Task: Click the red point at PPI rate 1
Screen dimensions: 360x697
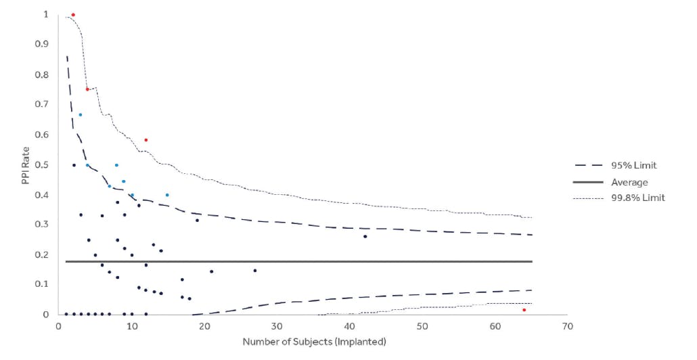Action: pos(73,15)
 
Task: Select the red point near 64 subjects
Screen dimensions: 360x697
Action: pos(524,310)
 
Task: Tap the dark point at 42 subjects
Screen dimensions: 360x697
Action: pos(365,236)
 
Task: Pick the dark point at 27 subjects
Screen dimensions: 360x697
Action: pos(255,271)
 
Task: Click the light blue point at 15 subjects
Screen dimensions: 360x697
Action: pos(167,195)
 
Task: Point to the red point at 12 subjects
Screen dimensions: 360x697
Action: pos(145,140)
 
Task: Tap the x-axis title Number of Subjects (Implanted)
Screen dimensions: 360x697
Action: pos(314,342)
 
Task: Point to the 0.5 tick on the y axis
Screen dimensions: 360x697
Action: pos(42,165)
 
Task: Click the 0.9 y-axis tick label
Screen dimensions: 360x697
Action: pos(42,45)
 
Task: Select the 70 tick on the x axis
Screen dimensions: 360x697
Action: pos(568,326)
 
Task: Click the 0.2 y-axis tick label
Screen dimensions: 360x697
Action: pos(42,255)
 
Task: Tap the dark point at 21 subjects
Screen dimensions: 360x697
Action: pos(211,271)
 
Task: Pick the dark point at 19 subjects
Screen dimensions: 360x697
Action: pos(197,220)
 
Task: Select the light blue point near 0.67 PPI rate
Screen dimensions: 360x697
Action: pos(80,115)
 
